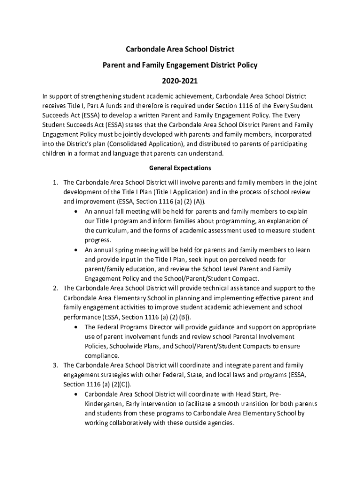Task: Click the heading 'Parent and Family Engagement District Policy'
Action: click(x=180, y=65)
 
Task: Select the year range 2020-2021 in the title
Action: click(x=180, y=81)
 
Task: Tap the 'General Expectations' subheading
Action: click(x=180, y=167)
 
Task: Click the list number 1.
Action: click(x=55, y=182)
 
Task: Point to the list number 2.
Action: click(x=55, y=288)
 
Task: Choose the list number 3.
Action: click(x=55, y=365)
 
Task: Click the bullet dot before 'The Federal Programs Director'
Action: click(x=76, y=327)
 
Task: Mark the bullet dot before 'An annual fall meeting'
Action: click(x=76, y=211)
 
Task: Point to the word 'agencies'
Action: click(x=219, y=423)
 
